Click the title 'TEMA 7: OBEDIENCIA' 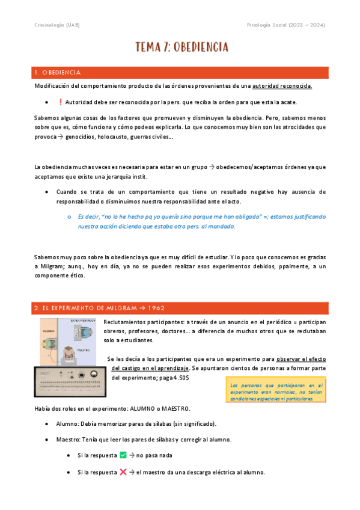(181, 47)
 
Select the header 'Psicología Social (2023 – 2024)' (287, 25)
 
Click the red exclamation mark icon (60, 102)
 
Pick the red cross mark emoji (123, 472)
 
